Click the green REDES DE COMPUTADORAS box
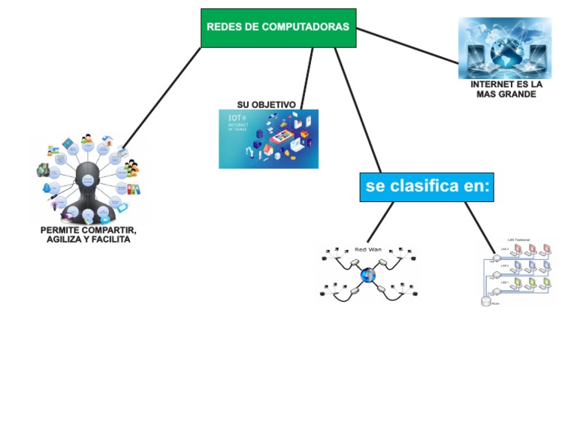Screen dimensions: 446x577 pos(278,28)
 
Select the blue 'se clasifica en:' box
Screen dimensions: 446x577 pos(426,185)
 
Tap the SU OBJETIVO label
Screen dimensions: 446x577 pos(266,104)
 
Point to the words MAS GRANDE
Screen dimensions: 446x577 pos(506,95)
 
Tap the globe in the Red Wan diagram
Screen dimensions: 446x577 pos(367,276)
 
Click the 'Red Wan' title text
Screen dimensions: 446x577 pos(367,249)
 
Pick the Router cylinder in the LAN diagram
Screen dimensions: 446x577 pos(485,300)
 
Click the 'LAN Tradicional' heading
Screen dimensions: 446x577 pos(519,240)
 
